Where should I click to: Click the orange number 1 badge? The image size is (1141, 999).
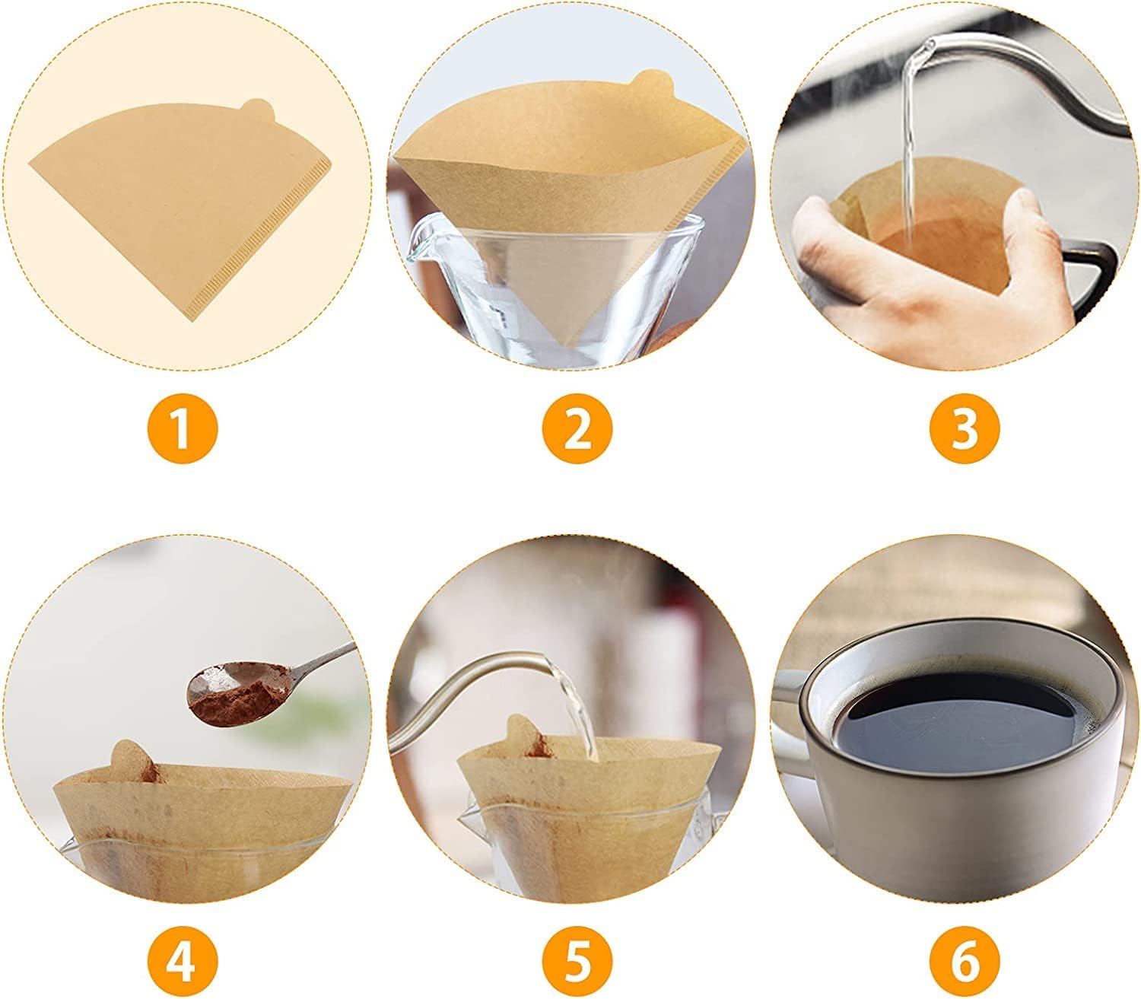(x=183, y=429)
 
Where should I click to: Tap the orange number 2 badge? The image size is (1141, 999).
(x=577, y=429)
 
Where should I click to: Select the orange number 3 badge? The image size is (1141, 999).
(x=964, y=429)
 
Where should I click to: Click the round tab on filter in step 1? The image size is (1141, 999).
(x=257, y=111)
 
